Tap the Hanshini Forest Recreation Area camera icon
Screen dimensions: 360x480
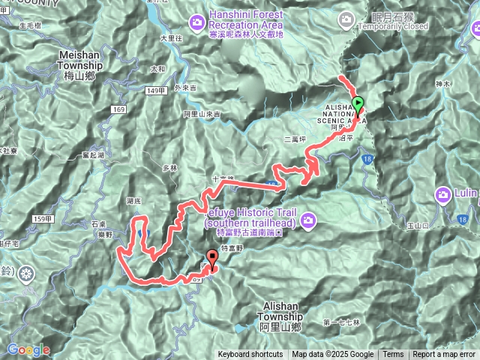tap(196, 21)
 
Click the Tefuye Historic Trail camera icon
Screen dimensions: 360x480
tap(309, 220)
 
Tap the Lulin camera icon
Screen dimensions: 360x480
tap(443, 196)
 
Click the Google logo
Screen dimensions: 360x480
tap(28, 349)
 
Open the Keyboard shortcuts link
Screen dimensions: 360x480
tap(250, 355)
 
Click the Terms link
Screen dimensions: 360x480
tap(393, 355)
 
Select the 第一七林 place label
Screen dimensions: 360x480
tap(342, 322)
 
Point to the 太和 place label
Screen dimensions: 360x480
tap(157, 69)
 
